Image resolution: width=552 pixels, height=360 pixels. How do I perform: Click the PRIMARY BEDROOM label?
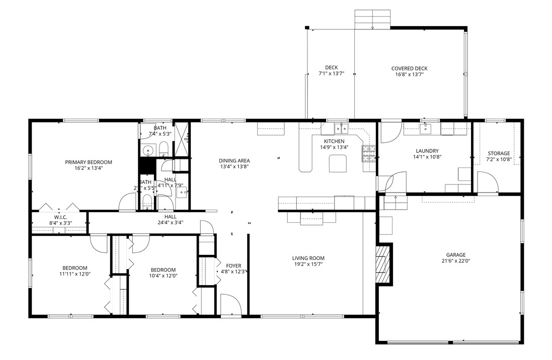click(88, 162)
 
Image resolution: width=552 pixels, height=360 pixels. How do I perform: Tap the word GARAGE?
click(455, 254)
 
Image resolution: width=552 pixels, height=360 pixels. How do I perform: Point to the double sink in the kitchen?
click(341, 128)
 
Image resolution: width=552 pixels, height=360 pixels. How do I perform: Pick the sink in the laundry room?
click(426, 128)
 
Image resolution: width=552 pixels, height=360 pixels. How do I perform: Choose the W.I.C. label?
click(61, 217)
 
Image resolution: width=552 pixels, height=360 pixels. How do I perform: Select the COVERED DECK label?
click(409, 68)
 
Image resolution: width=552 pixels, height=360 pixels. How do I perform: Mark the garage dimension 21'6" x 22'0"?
click(455, 261)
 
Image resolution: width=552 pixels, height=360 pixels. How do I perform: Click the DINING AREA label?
click(234, 160)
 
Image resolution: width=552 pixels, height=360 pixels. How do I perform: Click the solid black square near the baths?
click(146, 165)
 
